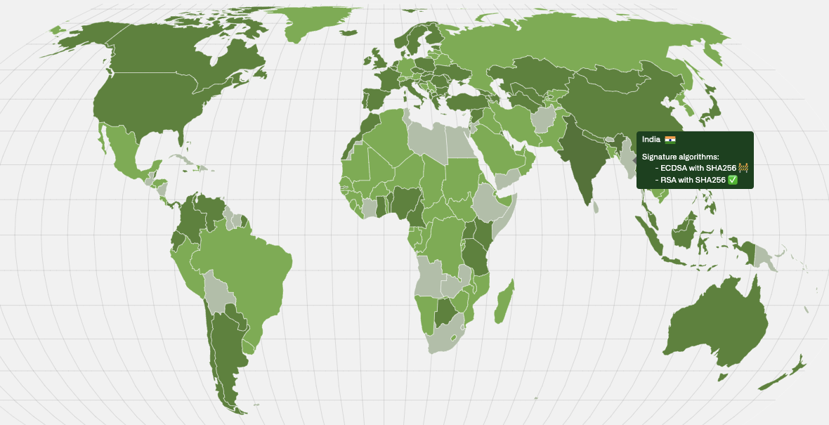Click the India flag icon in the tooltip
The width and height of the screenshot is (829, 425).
click(670, 140)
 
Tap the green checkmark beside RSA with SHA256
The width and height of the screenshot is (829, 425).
click(733, 180)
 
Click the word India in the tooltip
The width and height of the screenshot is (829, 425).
click(651, 140)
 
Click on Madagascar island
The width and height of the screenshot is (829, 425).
click(504, 302)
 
